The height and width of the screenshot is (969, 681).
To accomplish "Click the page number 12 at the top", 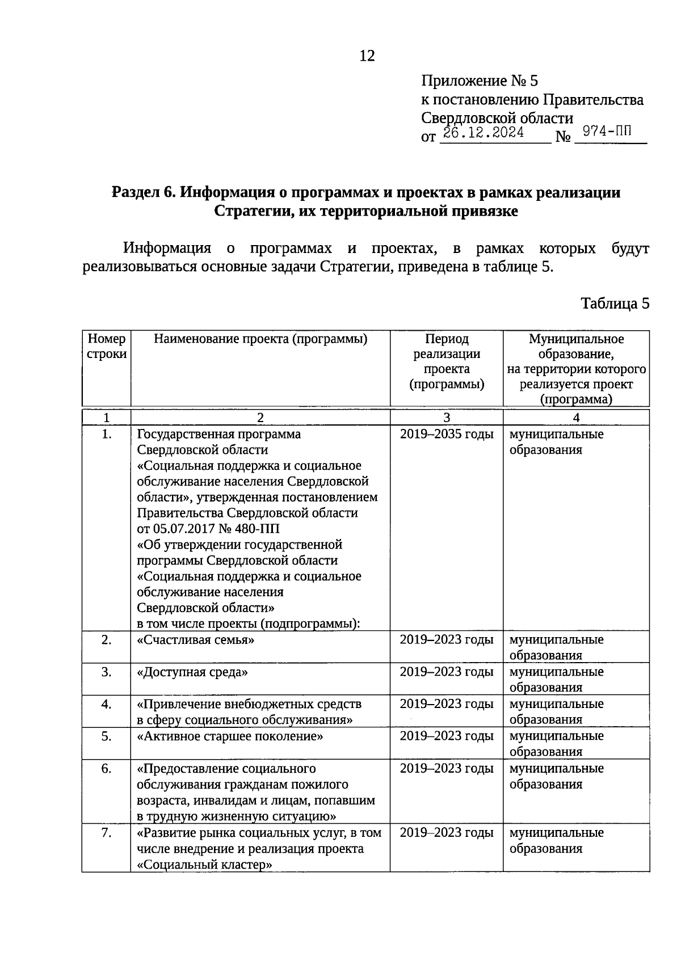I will click(x=367, y=56).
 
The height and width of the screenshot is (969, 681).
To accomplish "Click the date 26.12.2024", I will click(x=484, y=134).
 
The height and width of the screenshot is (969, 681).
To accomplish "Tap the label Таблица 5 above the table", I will click(x=615, y=304).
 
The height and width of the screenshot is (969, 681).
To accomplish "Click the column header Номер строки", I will click(x=107, y=347).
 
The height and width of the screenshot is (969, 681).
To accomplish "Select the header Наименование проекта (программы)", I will click(x=260, y=339).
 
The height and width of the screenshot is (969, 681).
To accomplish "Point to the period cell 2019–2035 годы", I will click(x=447, y=435).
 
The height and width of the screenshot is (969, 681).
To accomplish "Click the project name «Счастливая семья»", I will click(x=196, y=640).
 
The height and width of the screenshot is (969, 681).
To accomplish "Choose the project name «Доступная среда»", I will click(x=193, y=672).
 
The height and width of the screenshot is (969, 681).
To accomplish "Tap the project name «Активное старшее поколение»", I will click(x=230, y=736).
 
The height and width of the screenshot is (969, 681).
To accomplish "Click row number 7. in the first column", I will click(x=106, y=833).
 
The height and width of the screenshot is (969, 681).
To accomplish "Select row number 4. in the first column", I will click(x=106, y=704).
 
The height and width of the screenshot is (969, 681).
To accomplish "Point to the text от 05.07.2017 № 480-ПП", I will click(x=208, y=529).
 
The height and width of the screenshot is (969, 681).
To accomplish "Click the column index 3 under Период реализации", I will click(x=447, y=418).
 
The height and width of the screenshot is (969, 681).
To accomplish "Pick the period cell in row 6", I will click(x=447, y=769).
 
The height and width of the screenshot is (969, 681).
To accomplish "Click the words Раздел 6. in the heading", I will click(x=144, y=193).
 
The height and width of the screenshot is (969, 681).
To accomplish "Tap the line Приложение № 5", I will click(x=479, y=81).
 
